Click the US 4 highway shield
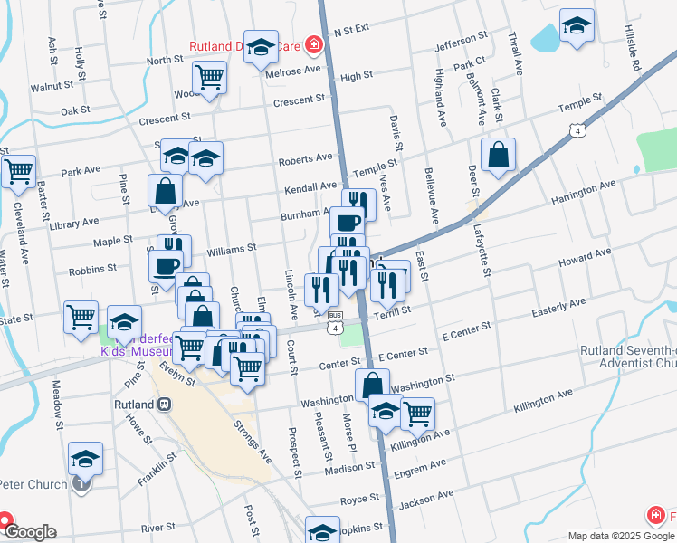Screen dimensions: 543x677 (x=577, y=131)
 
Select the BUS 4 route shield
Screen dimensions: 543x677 (x=336, y=321)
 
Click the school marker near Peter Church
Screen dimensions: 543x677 (x=85, y=459)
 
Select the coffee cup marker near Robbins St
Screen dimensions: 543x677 (x=165, y=266)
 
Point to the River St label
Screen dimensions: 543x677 (x=157, y=527)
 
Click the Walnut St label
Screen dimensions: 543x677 (x=52, y=87)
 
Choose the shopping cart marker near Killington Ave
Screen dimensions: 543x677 (x=416, y=414)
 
